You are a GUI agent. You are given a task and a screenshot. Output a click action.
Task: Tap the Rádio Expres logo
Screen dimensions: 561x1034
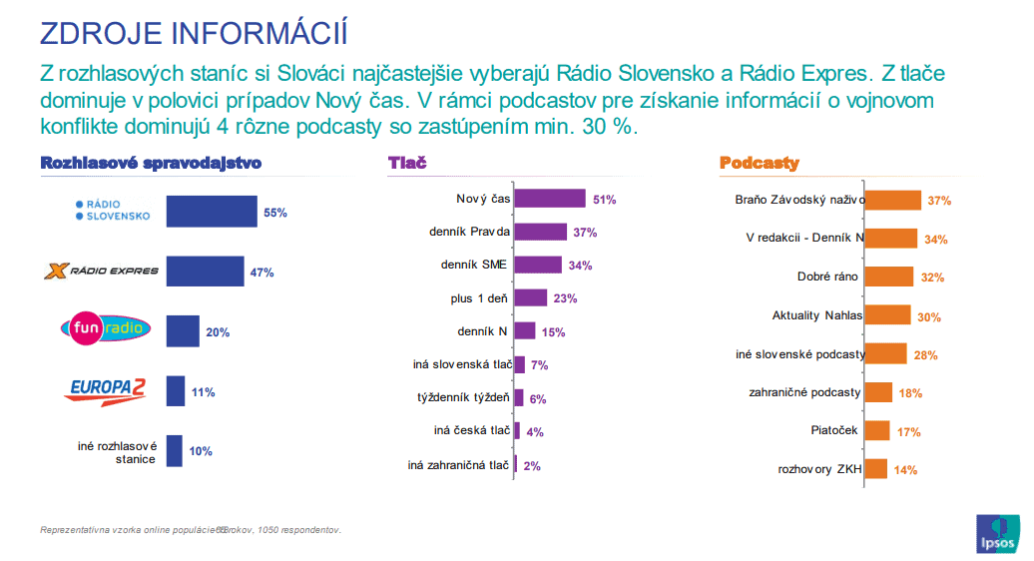pyautogui.click(x=102, y=271)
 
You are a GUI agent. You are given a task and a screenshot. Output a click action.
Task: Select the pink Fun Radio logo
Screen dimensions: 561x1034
pyautogui.click(x=106, y=327)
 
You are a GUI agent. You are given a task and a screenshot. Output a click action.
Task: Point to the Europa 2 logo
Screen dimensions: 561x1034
pyautogui.click(x=106, y=390)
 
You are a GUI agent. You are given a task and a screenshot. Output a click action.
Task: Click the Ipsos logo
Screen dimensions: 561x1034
pyautogui.click(x=999, y=534)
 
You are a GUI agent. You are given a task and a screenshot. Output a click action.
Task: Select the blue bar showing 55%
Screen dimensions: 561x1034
pyautogui.click(x=211, y=212)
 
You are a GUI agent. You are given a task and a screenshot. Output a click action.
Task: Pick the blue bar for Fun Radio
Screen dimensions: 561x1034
pyautogui.click(x=183, y=331)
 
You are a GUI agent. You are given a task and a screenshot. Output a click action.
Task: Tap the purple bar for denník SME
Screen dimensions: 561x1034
pyautogui.click(x=538, y=265)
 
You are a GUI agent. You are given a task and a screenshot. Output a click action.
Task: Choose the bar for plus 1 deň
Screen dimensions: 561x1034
pyautogui.click(x=530, y=297)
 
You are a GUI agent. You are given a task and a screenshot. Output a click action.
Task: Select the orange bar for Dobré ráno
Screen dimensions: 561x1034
pyautogui.click(x=888, y=277)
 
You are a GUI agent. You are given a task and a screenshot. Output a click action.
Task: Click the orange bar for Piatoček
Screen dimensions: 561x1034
pyautogui.click(x=876, y=430)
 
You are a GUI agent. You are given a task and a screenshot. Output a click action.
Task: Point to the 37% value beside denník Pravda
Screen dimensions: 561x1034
pyautogui.click(x=584, y=233)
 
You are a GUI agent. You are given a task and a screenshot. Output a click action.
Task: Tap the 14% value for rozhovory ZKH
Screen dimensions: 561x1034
pyautogui.click(x=905, y=470)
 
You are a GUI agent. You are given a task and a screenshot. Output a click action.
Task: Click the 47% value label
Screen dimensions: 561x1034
pyautogui.click(x=261, y=272)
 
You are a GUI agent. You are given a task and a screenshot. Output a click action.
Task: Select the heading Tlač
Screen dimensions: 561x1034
pyautogui.click(x=406, y=163)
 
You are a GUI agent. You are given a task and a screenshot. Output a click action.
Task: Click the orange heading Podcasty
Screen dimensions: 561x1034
pyautogui.click(x=759, y=163)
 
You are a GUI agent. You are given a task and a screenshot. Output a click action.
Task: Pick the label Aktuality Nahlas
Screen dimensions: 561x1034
pyautogui.click(x=816, y=315)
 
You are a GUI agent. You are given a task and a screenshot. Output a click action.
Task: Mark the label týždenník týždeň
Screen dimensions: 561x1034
pyautogui.click(x=463, y=397)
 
